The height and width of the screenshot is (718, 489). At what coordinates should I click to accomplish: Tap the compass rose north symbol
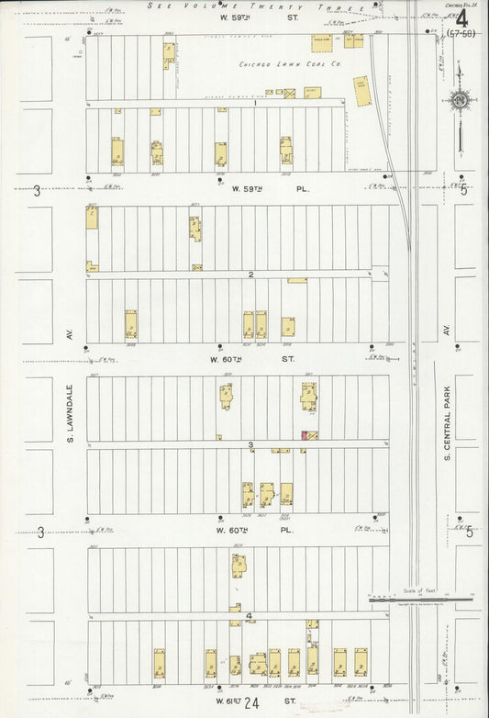click(461, 99)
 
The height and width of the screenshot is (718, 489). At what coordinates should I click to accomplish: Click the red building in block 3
click(305, 434)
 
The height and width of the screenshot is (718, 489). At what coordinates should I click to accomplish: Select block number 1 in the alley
click(254, 103)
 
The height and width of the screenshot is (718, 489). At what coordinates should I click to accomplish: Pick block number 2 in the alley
click(250, 275)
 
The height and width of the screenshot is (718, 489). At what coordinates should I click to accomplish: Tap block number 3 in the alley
click(250, 445)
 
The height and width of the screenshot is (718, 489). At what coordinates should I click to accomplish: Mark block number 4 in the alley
click(249, 616)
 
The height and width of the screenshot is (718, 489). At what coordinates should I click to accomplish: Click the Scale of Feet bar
click(422, 598)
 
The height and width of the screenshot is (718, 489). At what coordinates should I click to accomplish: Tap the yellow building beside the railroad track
click(362, 91)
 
